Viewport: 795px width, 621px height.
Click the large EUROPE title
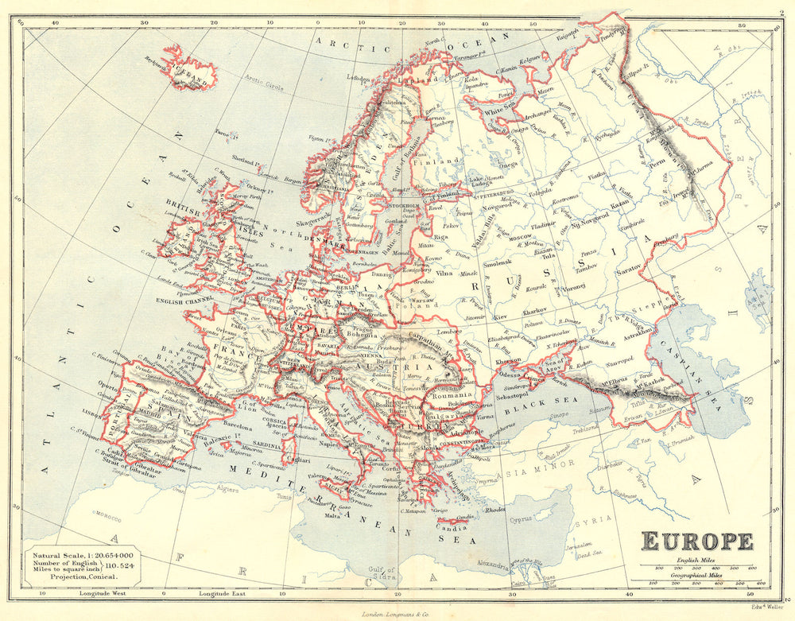click(x=697, y=541)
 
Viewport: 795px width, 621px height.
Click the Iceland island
click(x=192, y=70)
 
